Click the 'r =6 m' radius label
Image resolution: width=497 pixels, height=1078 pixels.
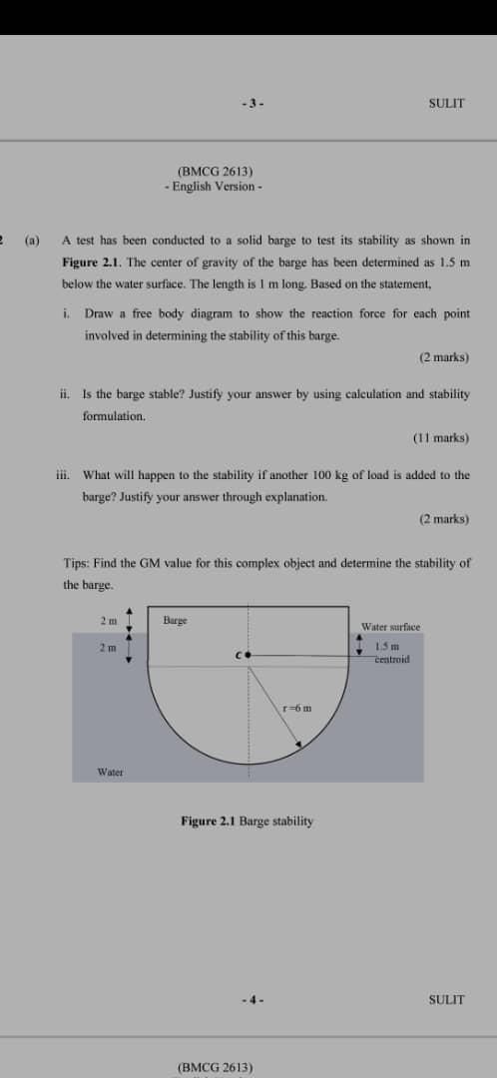pyautogui.click(x=296, y=709)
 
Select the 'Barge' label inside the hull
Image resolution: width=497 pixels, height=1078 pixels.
pyautogui.click(x=175, y=621)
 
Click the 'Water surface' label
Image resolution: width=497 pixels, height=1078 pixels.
pyautogui.click(x=390, y=627)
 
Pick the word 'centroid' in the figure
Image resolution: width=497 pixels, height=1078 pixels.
pyautogui.click(x=392, y=659)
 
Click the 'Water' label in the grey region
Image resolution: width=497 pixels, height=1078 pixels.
pyautogui.click(x=110, y=772)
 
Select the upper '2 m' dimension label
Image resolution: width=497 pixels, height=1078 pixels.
pyautogui.click(x=108, y=620)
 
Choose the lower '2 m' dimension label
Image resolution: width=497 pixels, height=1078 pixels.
pyautogui.click(x=108, y=648)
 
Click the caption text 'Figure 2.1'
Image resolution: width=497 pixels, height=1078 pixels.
pyautogui.click(x=209, y=820)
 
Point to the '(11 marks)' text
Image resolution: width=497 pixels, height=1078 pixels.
pyautogui.click(x=440, y=437)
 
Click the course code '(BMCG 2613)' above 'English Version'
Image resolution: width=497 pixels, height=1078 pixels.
pyautogui.click(x=214, y=171)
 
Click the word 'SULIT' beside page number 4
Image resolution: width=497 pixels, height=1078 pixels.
pyautogui.click(x=446, y=999)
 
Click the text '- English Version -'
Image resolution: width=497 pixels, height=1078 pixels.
pyautogui.click(x=214, y=186)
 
